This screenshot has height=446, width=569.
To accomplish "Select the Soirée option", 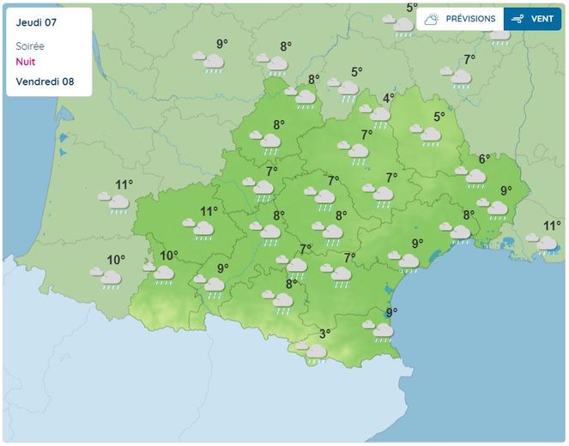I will (30, 46).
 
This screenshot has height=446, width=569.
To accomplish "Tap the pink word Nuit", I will (26, 62).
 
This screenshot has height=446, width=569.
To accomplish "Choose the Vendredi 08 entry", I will (45, 82).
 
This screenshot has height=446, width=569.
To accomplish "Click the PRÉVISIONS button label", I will (470, 19).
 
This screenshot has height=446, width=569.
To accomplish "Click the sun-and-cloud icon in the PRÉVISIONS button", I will (432, 19).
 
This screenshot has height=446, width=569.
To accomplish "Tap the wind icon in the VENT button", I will (518, 19).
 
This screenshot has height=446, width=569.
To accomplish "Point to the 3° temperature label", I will (325, 334).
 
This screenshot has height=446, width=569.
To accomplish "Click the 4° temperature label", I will (388, 98).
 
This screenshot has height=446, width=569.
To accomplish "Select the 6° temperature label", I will (484, 159).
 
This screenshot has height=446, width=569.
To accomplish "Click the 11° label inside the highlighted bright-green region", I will (209, 211).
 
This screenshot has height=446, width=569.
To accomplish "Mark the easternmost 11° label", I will (552, 226).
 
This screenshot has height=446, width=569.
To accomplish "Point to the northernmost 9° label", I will (222, 45).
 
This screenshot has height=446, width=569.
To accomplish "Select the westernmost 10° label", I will (116, 260).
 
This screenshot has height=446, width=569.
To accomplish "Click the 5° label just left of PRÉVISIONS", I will (412, 9).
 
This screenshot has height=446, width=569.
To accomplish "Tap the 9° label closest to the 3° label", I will (391, 312).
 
